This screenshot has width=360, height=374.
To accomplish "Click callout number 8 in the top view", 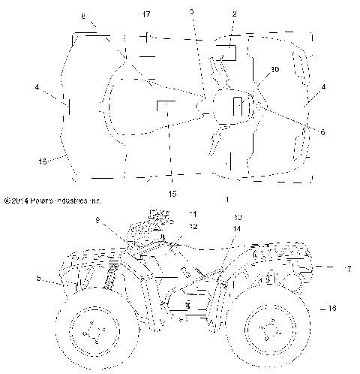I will pyautogui.click(x=82, y=15).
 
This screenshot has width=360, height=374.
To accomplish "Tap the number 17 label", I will pyautogui.click(x=145, y=14).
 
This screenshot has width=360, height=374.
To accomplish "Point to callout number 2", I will pyautogui.click(x=234, y=14).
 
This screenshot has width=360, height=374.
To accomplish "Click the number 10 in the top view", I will pyautogui.click(x=274, y=69).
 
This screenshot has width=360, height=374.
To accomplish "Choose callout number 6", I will pyautogui.click(x=322, y=132).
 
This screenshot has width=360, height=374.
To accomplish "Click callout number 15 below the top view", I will pyautogui.click(x=173, y=194).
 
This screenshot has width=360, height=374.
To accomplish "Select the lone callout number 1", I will pyautogui.click(x=226, y=200).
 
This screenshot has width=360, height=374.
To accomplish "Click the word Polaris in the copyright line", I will pyautogui.click(x=41, y=201).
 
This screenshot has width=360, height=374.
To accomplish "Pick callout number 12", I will pyautogui.click(x=193, y=226).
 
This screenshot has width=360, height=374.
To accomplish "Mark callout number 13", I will pyautogui.click(x=238, y=218).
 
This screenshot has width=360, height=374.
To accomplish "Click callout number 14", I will pyautogui.click(x=237, y=228).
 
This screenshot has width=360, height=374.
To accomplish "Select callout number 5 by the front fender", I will pyautogui.click(x=39, y=279).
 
